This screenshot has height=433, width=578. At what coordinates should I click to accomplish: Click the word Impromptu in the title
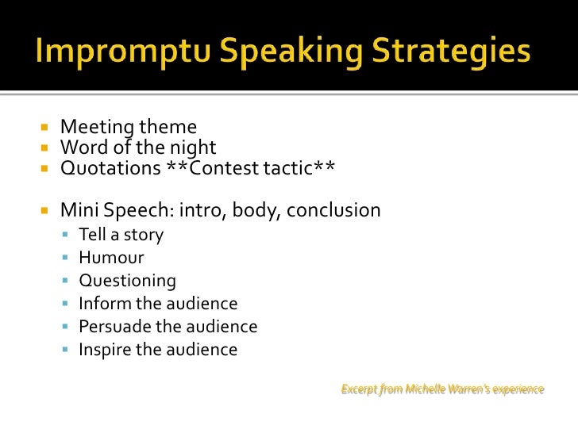(x=116, y=52)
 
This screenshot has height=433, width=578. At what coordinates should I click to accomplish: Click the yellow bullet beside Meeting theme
(x=44, y=127)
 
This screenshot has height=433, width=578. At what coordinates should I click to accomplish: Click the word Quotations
(x=110, y=168)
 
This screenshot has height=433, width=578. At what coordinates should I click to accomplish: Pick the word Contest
(x=225, y=168)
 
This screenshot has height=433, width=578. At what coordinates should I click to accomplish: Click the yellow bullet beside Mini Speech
(x=44, y=211)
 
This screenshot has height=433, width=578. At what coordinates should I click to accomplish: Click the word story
(x=143, y=235)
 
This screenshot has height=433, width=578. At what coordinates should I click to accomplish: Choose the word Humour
(x=111, y=258)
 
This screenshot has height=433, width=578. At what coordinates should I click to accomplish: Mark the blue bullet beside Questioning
(x=65, y=281)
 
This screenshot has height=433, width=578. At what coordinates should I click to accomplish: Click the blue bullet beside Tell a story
(x=65, y=235)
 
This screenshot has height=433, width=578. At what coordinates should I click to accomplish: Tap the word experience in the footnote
(x=518, y=389)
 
